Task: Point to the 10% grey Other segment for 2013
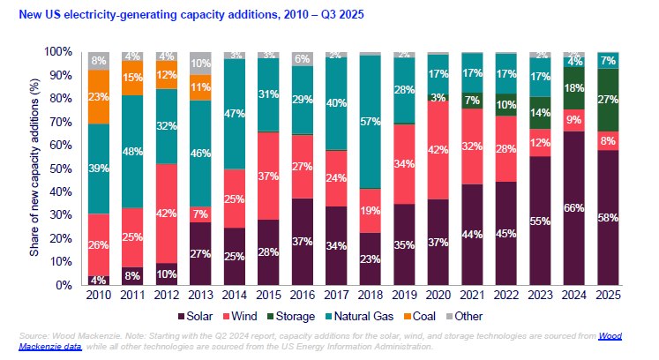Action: (201, 64)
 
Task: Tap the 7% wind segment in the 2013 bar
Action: (201, 214)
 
